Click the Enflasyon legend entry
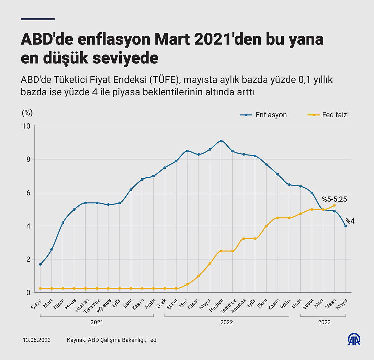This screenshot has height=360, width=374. click(x=263, y=115)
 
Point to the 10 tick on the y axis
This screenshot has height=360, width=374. click(x=26, y=126)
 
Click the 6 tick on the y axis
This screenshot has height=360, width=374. click(x=28, y=193)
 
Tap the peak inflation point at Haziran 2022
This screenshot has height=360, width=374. click(x=221, y=141)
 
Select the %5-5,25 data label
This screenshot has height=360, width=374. click(x=334, y=199)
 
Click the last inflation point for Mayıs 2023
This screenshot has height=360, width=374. click(x=346, y=226)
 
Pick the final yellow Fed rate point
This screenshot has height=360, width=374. click(x=334, y=205)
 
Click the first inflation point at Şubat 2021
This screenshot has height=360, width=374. click(x=40, y=264)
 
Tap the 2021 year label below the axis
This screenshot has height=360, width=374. click(x=97, y=322)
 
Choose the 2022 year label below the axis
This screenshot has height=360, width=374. click(x=227, y=322)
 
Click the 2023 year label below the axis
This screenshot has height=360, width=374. click(x=324, y=322)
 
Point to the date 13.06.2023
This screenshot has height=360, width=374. click(x=37, y=340)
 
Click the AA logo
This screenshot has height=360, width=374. click(x=354, y=339)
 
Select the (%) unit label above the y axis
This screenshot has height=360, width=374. click(x=27, y=113)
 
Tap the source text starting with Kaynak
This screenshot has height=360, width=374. click(x=112, y=340)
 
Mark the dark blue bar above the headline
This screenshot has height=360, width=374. click(x=38, y=19)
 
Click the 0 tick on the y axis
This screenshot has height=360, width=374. click(x=28, y=293)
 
